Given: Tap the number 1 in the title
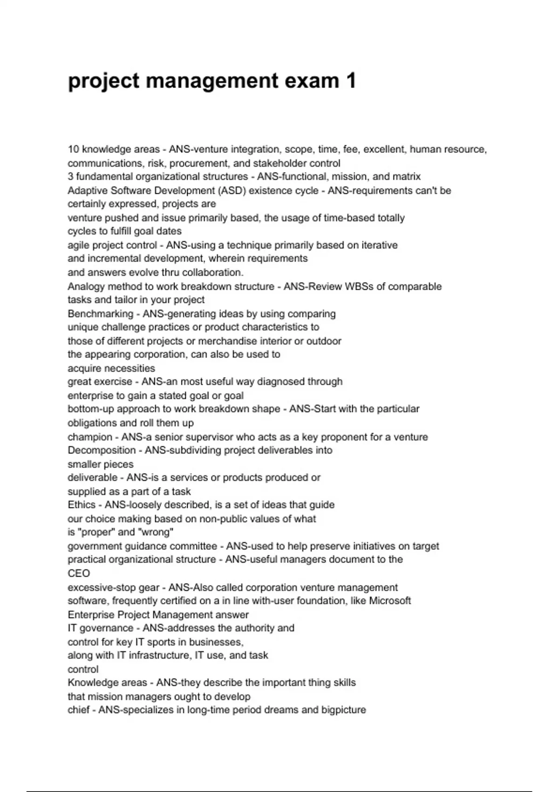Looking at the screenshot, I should pos(351,81).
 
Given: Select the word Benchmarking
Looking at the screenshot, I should pos(100,314).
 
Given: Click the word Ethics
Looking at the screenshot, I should pos(82,505).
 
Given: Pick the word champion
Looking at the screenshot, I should pos(90,437).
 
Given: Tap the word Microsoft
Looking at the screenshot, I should pos(390,601).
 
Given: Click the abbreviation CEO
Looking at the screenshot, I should pos(79,574).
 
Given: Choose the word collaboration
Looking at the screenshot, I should pos(213,273).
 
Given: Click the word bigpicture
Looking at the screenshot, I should pos(343,710).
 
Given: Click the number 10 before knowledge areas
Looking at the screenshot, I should pos(73,150).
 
